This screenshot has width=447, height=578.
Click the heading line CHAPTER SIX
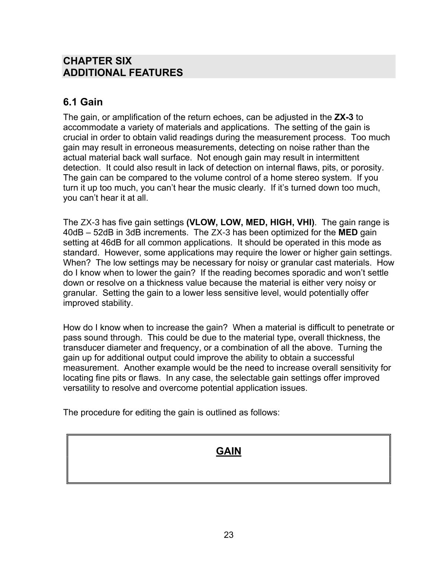pyautogui.click(x=97, y=61)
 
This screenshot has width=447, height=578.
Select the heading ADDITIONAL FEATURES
pyautogui.click(x=123, y=73)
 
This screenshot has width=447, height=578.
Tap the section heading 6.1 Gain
pyautogui.click(x=83, y=102)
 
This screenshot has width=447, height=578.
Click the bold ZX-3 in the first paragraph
pyautogui.click(x=343, y=117)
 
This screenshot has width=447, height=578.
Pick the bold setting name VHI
pyautogui.click(x=304, y=223)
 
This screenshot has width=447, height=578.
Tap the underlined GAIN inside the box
pyautogui.click(x=228, y=451)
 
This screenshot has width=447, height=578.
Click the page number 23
pyautogui.click(x=229, y=535)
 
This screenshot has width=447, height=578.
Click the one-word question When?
pyautogui.click(x=77, y=263)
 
